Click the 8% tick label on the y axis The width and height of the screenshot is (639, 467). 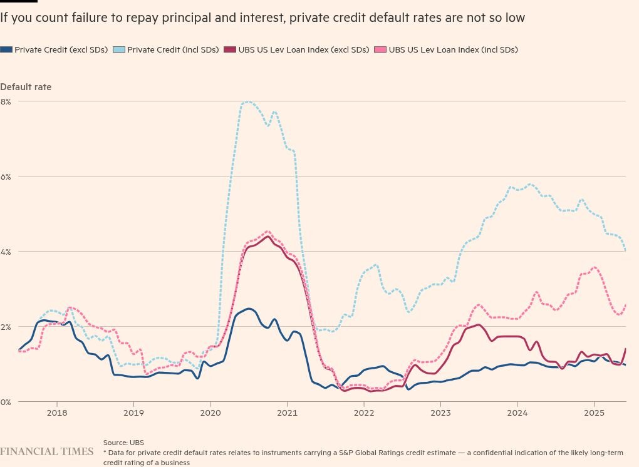click(x=6, y=101)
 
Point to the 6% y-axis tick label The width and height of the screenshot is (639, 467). click(x=6, y=177)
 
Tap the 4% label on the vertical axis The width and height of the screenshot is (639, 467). click(x=6, y=252)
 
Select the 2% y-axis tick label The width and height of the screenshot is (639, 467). click(x=6, y=327)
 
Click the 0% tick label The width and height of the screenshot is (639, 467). click(x=6, y=402)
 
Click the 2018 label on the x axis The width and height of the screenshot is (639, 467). click(x=56, y=413)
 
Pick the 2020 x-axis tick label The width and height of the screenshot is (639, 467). click(x=210, y=413)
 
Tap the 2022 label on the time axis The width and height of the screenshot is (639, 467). click(x=364, y=413)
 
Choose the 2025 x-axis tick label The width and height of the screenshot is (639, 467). click(x=594, y=413)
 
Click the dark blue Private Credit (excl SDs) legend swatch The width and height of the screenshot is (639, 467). click(x=6, y=49)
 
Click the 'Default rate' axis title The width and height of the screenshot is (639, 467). click(x=26, y=87)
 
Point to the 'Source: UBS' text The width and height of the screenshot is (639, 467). click(x=123, y=443)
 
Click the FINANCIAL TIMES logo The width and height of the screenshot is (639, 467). click(x=47, y=451)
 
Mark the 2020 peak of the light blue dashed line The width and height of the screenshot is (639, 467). click(x=249, y=101)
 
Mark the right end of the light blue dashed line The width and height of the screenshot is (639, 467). click(x=626, y=251)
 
